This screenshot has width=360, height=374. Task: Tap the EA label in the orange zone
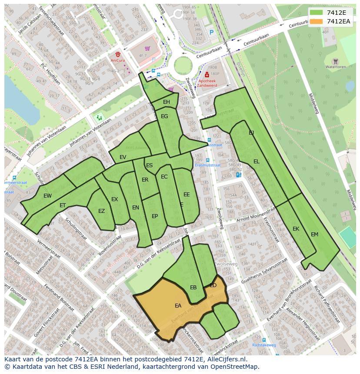[x=178, y=306]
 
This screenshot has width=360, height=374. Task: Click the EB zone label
[x=193, y=288]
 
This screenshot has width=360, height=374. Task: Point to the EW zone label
[x=47, y=196]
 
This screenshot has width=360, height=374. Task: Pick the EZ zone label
[x=101, y=212]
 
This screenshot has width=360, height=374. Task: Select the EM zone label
[x=314, y=235]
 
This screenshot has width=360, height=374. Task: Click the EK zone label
[x=296, y=229]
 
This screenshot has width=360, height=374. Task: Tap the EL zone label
[x=257, y=162]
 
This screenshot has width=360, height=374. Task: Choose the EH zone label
[x=167, y=102]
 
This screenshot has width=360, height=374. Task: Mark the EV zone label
[x=123, y=157]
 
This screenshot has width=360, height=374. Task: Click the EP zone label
[x=155, y=216]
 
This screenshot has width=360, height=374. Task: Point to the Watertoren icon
[x=335, y=61]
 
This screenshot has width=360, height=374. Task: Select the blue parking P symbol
[x=212, y=32]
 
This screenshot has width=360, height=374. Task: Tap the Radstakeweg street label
[x=264, y=345]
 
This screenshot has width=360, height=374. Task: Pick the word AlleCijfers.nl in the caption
[x=226, y=360]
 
